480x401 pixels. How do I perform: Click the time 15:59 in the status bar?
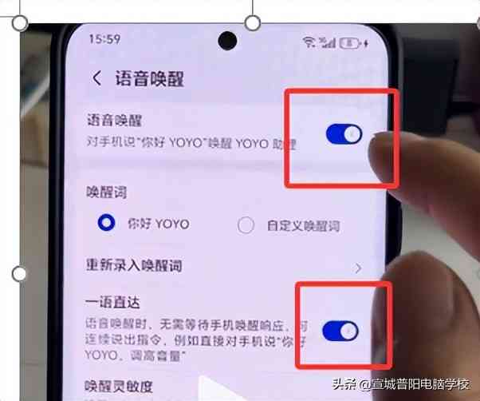click(104, 38)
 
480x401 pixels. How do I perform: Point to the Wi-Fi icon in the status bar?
click(309, 41)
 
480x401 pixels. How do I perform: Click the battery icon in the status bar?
click(349, 41)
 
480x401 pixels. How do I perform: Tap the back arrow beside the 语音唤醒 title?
click(97, 78)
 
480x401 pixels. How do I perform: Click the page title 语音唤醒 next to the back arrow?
click(149, 78)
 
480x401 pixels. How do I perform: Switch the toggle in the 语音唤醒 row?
click(344, 134)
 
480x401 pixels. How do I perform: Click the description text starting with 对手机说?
click(191, 145)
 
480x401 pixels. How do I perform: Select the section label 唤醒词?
click(106, 193)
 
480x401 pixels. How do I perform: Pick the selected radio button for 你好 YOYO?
click(105, 224)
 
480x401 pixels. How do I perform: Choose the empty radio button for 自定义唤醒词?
click(246, 224)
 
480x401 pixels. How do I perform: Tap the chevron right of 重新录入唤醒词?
click(358, 268)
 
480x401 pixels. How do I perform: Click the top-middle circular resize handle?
click(252, 23)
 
